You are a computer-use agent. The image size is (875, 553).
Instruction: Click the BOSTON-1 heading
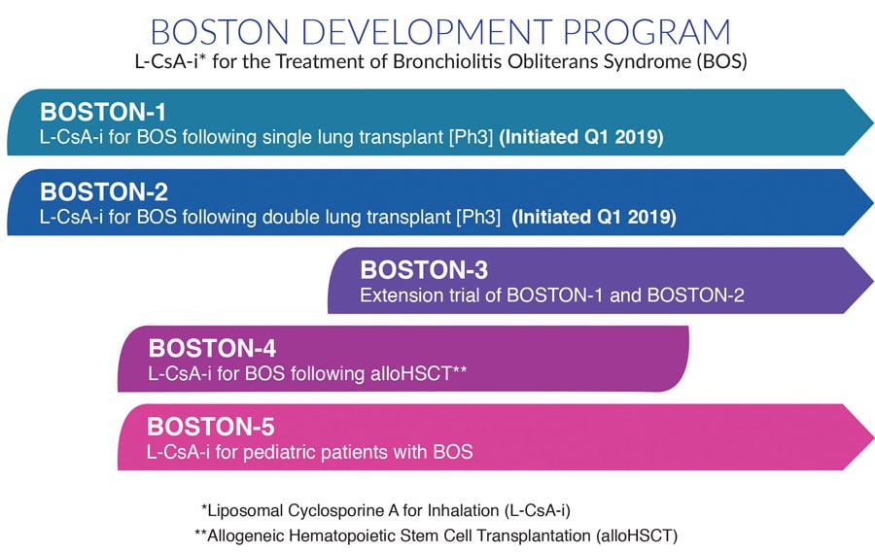tap(103, 112)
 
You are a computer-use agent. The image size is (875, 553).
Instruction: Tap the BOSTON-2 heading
tap(104, 192)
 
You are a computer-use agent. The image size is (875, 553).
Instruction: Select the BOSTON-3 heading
tap(424, 270)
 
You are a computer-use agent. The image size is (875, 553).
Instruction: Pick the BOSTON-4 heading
tap(212, 348)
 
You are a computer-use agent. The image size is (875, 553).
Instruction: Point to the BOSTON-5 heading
tap(211, 427)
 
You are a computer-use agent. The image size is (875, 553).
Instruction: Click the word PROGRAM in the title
tap(647, 32)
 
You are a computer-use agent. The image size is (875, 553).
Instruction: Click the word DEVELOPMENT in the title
tap(427, 32)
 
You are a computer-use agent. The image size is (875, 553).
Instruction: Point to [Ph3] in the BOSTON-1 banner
tap(472, 137)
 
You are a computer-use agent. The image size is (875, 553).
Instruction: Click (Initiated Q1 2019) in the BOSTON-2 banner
tap(594, 217)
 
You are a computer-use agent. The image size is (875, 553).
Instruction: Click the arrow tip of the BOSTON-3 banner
tap(873, 280)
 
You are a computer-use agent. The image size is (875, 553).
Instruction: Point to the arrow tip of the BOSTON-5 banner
tap(873, 437)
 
